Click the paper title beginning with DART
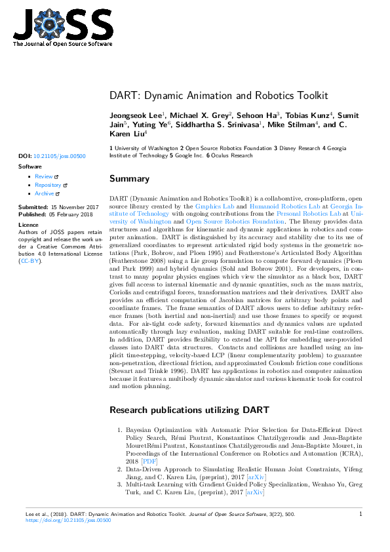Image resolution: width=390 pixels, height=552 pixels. (x=218, y=95)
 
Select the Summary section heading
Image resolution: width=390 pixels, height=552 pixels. (x=129, y=178)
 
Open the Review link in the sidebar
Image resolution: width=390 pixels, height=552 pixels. (x=44, y=176)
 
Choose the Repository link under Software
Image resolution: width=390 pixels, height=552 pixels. (x=48, y=185)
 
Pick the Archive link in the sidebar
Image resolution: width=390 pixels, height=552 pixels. (x=45, y=193)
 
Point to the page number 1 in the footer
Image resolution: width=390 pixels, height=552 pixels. (x=361, y=515)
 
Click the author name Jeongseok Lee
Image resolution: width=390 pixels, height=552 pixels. (x=136, y=115)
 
